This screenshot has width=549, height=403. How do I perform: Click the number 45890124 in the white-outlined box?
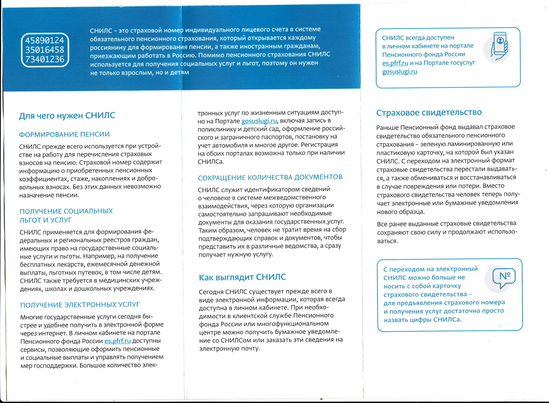[45, 40]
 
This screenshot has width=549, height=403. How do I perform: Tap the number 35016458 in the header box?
[45, 50]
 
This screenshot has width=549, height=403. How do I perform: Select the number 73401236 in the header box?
[45, 59]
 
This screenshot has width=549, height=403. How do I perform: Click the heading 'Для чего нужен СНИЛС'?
[67, 116]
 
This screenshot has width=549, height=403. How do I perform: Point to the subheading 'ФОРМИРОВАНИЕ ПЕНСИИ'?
[64, 134]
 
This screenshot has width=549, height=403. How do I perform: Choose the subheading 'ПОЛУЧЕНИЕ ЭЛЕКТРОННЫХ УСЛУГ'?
[80, 305]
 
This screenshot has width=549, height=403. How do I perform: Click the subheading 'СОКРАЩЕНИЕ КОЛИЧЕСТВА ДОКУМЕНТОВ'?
[270, 177]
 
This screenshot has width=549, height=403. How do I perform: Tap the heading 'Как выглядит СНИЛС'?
[242, 277]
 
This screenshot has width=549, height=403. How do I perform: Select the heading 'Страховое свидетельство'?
[429, 113]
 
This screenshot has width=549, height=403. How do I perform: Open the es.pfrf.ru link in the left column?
[117, 341]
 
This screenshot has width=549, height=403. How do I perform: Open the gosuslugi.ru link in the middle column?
[259, 121]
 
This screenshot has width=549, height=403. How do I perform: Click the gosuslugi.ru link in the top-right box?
[399, 72]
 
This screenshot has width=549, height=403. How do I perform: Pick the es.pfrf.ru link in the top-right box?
[395, 63]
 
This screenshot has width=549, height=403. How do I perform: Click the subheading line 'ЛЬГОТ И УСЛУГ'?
[46, 220]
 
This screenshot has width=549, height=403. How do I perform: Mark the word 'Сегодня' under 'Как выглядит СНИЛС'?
[211, 291]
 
